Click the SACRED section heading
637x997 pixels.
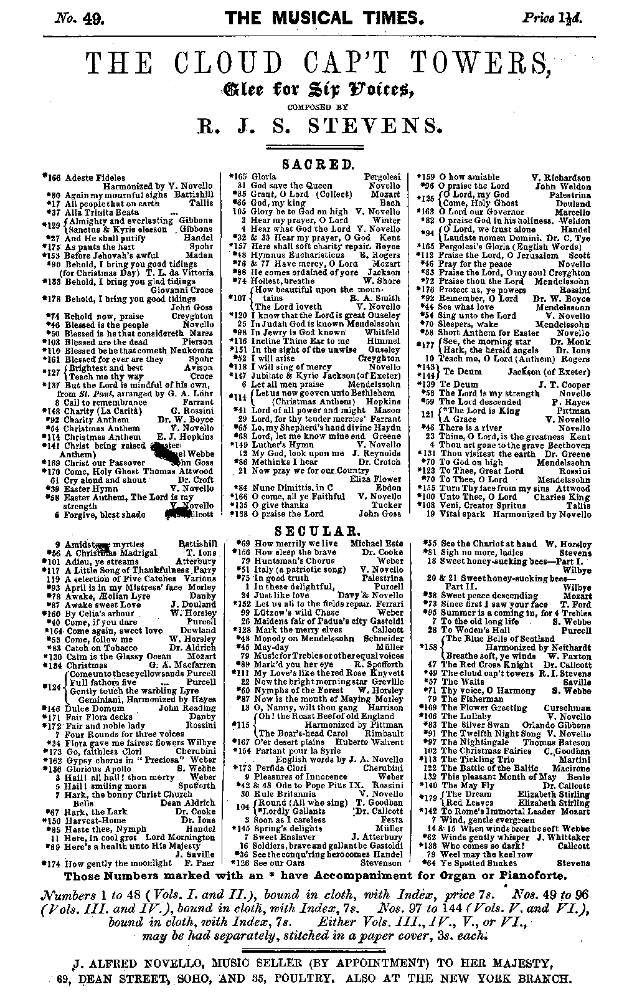pos(318,165)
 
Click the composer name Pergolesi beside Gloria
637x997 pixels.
pos(382,177)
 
